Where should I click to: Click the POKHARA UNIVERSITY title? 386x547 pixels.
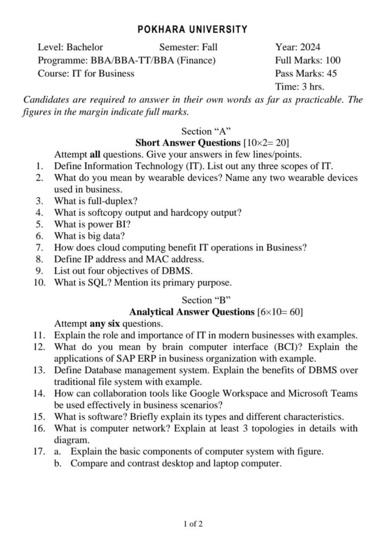(x=193, y=29)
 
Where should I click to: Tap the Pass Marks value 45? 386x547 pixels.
(x=330, y=73)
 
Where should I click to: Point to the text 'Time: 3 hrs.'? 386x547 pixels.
(x=300, y=87)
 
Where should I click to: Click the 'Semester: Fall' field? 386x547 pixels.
(x=188, y=47)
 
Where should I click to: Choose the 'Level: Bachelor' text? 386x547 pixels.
(x=70, y=47)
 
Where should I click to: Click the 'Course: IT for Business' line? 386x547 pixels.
(x=86, y=73)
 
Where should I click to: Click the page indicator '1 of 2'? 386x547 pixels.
(x=193, y=524)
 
